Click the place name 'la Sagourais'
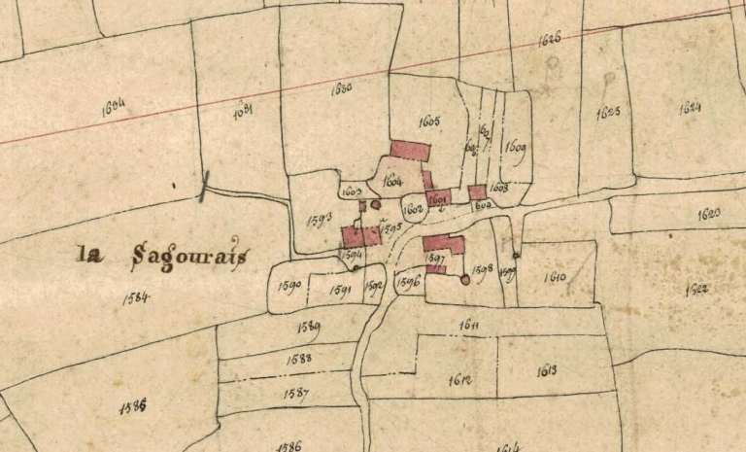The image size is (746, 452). tap(163, 256)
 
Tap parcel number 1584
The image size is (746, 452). tap(136, 297)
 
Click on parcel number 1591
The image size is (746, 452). tap(340, 289)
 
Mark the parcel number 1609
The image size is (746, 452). tap(515, 148)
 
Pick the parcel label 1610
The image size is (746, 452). tap(556, 277)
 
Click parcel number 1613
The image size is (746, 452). tap(546, 371)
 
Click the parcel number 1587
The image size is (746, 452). tap(296, 394)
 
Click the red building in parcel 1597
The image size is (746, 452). tap(443, 243)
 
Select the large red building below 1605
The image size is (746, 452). tap(410, 151)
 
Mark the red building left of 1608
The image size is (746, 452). tap(477, 192)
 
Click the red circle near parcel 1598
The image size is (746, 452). tap(464, 280)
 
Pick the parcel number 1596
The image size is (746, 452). tap(408, 283)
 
